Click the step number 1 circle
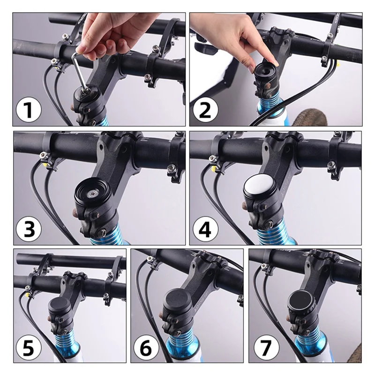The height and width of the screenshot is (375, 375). (29, 111)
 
